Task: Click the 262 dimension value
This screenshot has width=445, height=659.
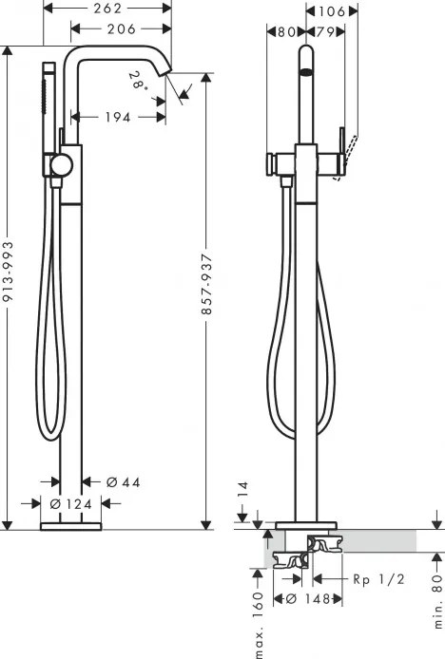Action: coord(108,9)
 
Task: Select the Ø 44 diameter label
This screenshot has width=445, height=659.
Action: coord(124,482)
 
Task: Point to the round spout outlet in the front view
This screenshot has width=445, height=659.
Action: coord(306,71)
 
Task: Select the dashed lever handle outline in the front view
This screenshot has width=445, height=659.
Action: coord(351,146)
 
